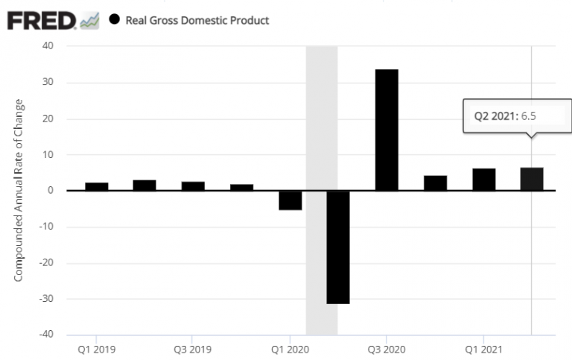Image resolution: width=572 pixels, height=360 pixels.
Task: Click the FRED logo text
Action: [x=41, y=20]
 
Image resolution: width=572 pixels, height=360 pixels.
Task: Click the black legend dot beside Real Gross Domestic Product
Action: [x=114, y=19]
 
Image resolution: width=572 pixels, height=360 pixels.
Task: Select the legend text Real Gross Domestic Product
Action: [x=197, y=20]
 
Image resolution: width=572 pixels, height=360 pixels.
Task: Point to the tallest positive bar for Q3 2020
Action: [x=387, y=130]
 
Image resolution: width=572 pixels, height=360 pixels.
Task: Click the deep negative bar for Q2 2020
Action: [x=338, y=247]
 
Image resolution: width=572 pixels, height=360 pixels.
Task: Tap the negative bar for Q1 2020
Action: [x=290, y=200]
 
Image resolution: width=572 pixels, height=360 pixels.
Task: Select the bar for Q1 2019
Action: [x=97, y=186]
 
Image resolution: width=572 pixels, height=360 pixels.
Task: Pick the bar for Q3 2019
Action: [x=193, y=186]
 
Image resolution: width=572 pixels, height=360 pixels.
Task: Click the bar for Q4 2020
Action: [x=435, y=183]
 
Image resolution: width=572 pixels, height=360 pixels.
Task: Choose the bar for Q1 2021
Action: [x=483, y=179]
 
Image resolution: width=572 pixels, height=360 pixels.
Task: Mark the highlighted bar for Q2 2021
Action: [x=532, y=179]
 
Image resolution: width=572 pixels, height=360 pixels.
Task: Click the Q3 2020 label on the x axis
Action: [x=387, y=348]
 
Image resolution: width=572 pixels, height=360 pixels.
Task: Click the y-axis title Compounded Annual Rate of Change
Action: [x=19, y=189]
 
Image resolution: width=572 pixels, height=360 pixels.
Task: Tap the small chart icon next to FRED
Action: [x=89, y=21]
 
